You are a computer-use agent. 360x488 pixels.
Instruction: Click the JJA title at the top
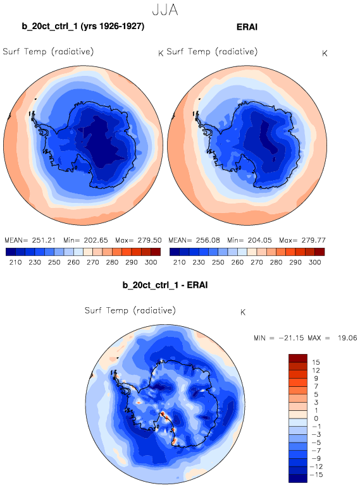pyautogui.click(x=165, y=9)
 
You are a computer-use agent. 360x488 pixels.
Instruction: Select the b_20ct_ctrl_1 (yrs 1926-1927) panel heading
pyautogui.click(x=83, y=26)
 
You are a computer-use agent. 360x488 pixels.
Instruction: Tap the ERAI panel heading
pyautogui.click(x=247, y=27)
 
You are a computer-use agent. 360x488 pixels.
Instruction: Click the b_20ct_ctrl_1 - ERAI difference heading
pyautogui.click(x=165, y=285)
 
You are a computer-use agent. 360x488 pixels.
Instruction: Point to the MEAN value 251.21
pyautogui.click(x=44, y=240)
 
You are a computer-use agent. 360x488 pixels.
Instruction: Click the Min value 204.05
pyautogui.click(x=260, y=240)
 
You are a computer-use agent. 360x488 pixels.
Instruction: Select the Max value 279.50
pyautogui.click(x=150, y=240)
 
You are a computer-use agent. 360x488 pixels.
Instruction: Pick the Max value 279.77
pyautogui.click(x=314, y=240)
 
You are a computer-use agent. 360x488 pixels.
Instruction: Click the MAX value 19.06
pyautogui.click(x=347, y=338)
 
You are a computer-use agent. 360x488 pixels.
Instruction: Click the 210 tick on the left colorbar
pyautogui.click(x=16, y=262)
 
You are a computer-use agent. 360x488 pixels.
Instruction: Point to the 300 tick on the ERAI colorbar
pyautogui.click(x=315, y=262)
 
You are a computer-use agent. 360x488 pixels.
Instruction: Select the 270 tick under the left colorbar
pyautogui.click(x=93, y=262)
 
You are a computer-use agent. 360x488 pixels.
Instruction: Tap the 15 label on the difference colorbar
pyautogui.click(x=316, y=362)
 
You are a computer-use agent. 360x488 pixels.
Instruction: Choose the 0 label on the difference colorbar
pyautogui.click(x=316, y=418)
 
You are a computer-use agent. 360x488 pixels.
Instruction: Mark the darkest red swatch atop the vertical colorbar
pyautogui.click(x=298, y=358)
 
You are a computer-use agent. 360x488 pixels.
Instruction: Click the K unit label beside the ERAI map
pyautogui.click(x=325, y=54)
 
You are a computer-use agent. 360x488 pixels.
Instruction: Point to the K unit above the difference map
pyautogui.click(x=243, y=312)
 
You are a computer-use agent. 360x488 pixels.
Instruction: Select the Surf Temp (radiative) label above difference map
pyautogui.click(x=130, y=310)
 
